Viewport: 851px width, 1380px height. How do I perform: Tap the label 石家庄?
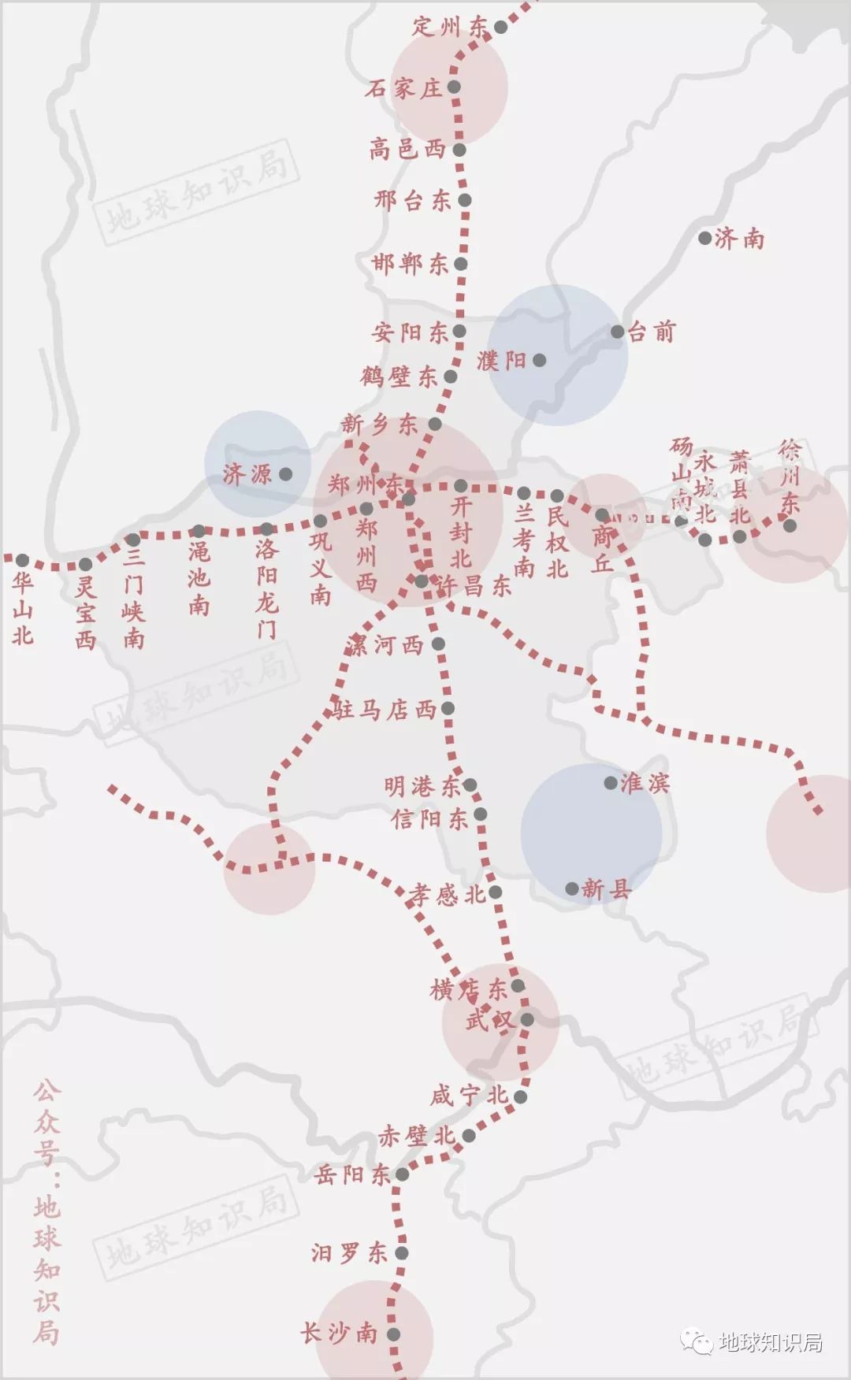403,88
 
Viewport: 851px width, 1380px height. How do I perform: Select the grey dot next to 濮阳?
540,361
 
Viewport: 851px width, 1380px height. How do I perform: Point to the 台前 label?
652,332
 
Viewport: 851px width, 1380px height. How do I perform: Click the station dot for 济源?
286,474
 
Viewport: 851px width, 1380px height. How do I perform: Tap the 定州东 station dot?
500,28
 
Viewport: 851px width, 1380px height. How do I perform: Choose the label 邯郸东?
411,264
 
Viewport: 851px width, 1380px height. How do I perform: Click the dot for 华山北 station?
22,561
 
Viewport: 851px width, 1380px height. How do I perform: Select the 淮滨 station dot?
611,783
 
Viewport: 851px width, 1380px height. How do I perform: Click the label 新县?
607,890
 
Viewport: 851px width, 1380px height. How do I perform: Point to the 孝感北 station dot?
496,892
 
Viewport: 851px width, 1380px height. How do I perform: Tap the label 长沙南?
339,1334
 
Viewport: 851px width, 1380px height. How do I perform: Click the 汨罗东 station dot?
402,1253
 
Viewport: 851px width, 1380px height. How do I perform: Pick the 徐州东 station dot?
790,525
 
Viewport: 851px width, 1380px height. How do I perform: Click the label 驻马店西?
385,710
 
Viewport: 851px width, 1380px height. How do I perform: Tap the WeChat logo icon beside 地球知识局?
698,1341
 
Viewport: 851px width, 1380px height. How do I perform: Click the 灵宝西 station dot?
85,565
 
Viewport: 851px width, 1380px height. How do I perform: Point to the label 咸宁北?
469,1096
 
